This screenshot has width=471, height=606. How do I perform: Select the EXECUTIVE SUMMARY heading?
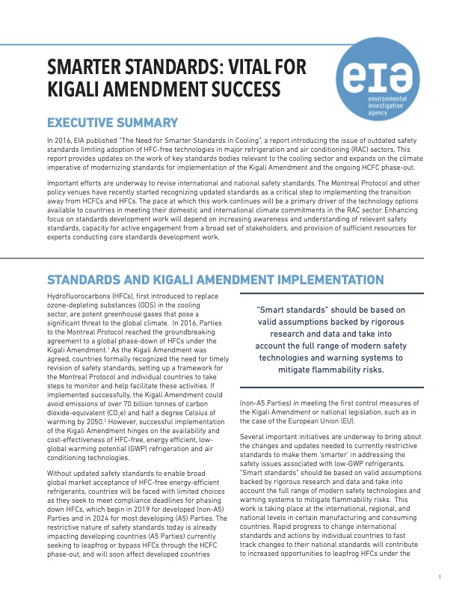point(112,123)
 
